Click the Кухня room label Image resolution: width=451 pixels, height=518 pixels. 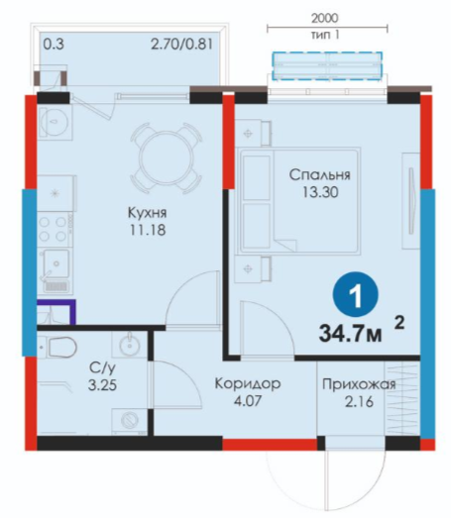coord(147,213)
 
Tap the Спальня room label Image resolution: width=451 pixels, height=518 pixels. coord(320,174)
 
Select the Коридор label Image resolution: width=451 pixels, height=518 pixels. coord(248,384)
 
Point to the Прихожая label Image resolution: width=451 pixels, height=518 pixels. coord(359,384)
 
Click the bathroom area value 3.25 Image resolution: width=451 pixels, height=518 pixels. coord(102,385)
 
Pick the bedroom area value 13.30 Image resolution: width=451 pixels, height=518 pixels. coord(320,192)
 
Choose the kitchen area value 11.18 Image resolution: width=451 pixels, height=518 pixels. coord(148,230)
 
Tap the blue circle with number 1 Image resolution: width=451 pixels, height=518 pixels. coord(356,294)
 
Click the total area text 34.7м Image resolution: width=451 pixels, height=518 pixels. coord(351,333)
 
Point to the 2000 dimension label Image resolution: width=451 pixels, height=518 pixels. coord(325,18)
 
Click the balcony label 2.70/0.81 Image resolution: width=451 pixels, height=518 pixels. coord(181,44)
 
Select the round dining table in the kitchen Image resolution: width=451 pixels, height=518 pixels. coord(166,157)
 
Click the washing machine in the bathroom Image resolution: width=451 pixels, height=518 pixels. coord(129,421)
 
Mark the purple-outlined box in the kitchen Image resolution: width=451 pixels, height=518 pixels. coord(56,312)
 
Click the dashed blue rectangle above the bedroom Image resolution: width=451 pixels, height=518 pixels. coord(327,65)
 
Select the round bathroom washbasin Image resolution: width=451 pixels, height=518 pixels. coord(130,346)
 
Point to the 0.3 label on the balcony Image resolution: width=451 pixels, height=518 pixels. coord(54,44)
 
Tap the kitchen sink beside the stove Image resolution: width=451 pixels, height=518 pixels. coord(56,264)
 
